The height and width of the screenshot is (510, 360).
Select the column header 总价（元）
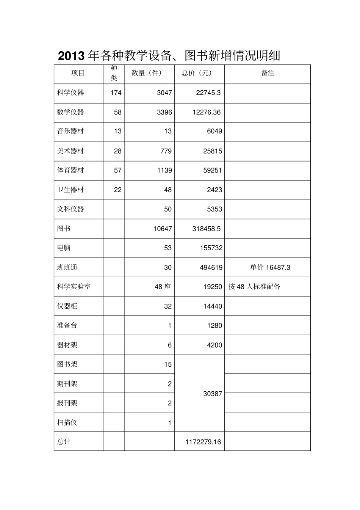click(197, 73)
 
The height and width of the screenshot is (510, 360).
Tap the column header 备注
click(268, 73)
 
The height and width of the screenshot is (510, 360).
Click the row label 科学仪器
click(70, 93)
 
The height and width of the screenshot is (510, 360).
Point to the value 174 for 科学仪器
click(116, 93)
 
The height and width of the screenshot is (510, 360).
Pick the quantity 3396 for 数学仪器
click(164, 112)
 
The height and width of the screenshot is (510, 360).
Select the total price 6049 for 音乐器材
click(214, 132)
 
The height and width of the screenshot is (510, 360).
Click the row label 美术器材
click(70, 151)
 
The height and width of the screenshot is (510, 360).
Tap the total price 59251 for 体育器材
click(213, 171)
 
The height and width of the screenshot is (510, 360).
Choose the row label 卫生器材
click(70, 190)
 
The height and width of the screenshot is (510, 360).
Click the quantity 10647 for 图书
click(163, 229)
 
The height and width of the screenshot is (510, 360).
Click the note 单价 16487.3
click(270, 268)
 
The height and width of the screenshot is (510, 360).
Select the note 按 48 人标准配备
click(254, 287)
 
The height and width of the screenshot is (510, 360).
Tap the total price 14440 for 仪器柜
click(213, 306)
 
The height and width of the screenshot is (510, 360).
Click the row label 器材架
click(67, 345)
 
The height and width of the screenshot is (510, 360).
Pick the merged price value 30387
click(213, 394)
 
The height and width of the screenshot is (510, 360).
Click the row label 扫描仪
click(67, 423)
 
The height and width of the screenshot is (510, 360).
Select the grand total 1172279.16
click(203, 442)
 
